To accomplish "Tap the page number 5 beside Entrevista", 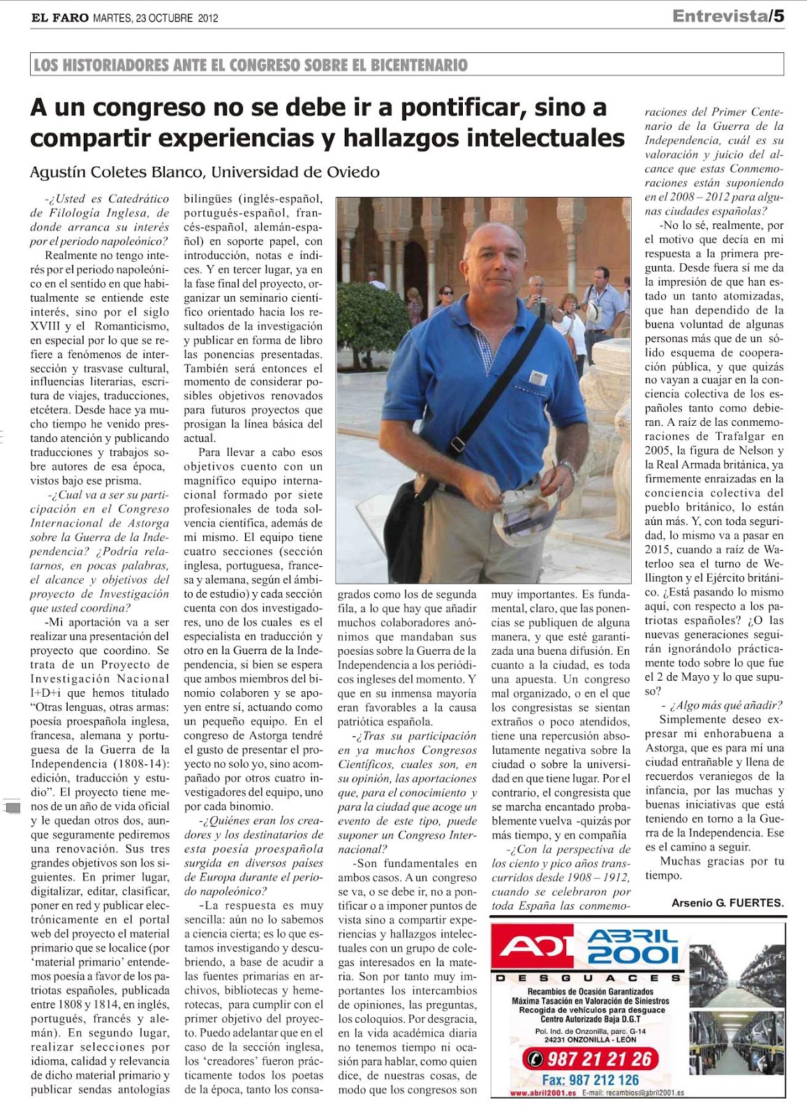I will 778,16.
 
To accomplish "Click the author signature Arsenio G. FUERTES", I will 727,903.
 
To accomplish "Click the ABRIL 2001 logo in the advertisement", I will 632,946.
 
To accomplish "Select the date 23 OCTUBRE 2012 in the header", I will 175,18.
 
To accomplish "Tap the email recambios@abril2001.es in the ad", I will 635,1093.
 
